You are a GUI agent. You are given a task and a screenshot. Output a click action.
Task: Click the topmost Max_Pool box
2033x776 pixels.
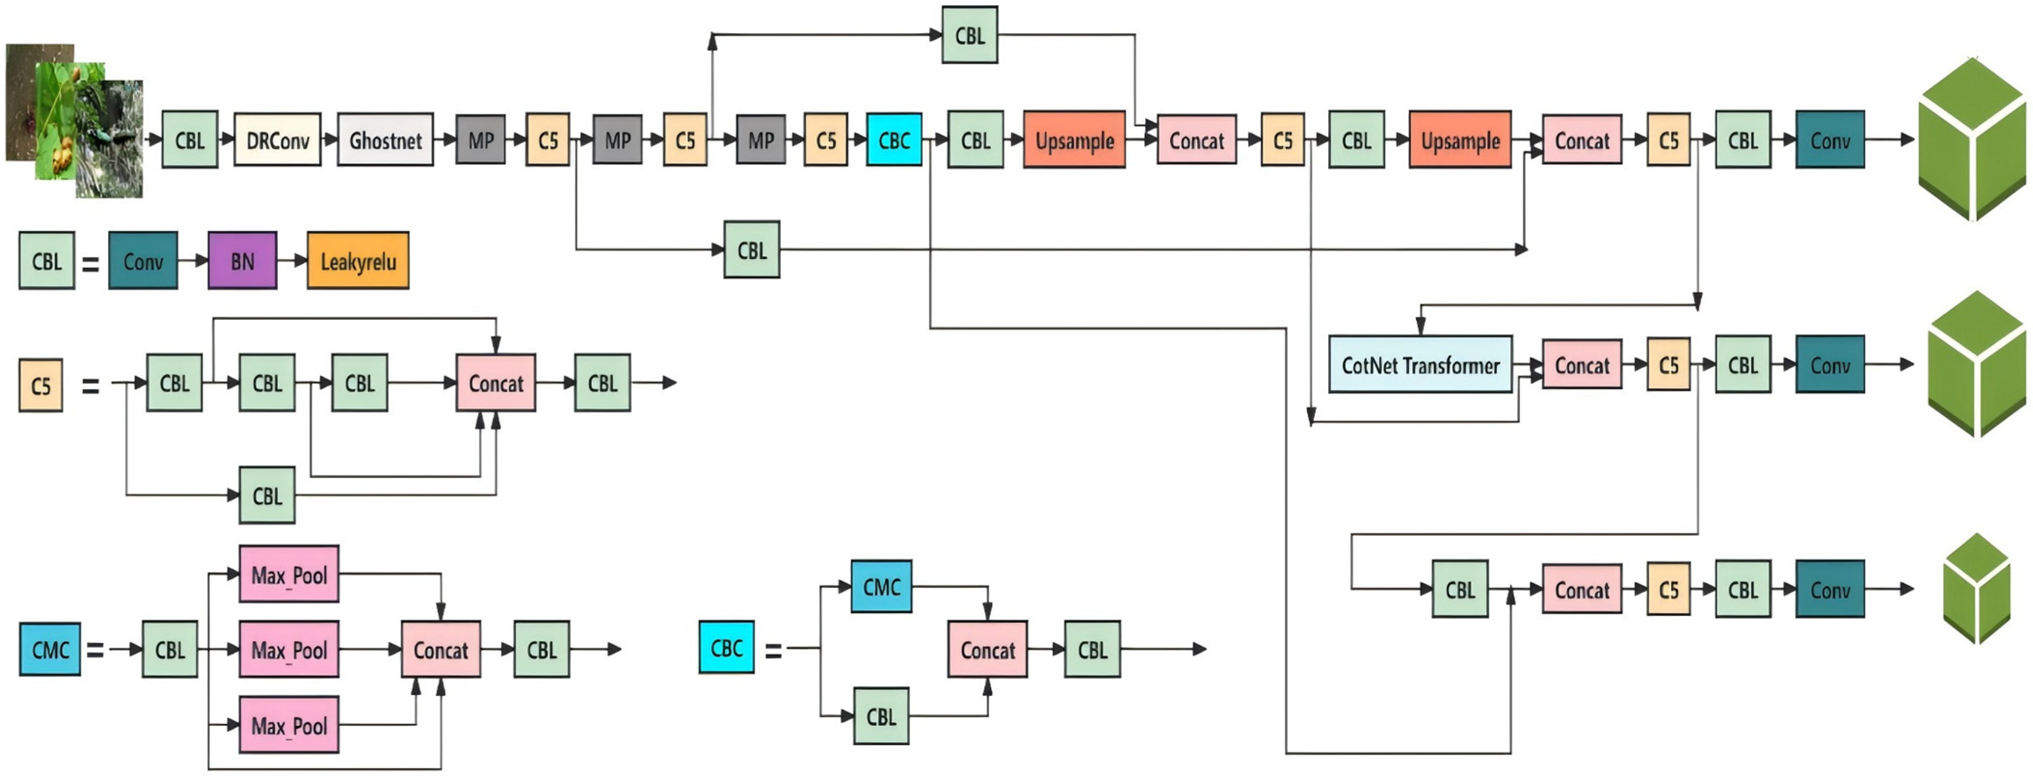coord(289,574)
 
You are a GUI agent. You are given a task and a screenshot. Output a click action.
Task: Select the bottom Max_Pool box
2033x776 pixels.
coord(289,725)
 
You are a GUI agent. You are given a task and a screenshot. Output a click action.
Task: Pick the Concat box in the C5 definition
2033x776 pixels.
coord(496,383)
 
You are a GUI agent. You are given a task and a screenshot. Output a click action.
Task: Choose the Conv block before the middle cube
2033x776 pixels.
coord(1829,365)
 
